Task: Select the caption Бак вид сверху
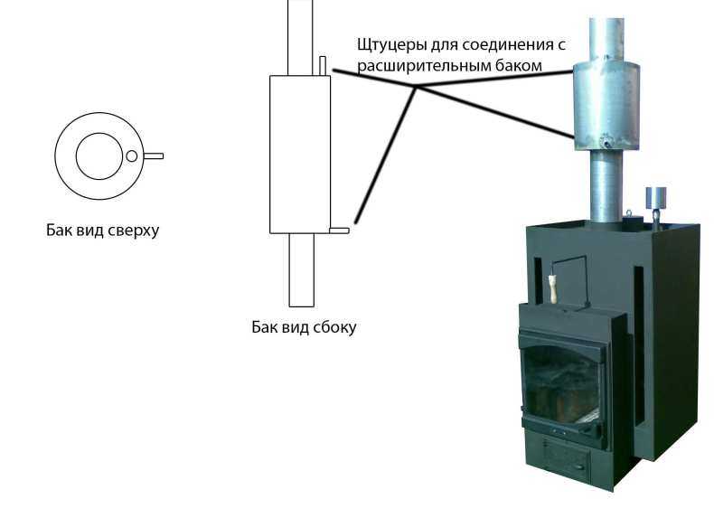pyautogui.click(x=102, y=231)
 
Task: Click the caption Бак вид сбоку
pyautogui.click(x=304, y=327)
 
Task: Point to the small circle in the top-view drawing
pyautogui.click(x=132, y=156)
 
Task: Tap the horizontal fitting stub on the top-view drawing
pyautogui.click(x=154, y=156)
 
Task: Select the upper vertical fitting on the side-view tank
pyautogui.click(x=323, y=66)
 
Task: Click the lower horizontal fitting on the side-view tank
pyautogui.click(x=339, y=231)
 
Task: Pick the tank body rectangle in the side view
pyautogui.click(x=269, y=155)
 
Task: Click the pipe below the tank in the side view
pyautogui.click(x=302, y=270)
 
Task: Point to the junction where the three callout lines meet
pyautogui.click(x=415, y=87)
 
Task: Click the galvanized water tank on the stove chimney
pyautogui.click(x=606, y=106)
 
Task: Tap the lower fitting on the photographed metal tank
pyautogui.click(x=606, y=143)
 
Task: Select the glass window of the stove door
pyautogui.click(x=561, y=384)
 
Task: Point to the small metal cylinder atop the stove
pyautogui.click(x=655, y=197)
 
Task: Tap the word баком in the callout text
pyautogui.click(x=520, y=67)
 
